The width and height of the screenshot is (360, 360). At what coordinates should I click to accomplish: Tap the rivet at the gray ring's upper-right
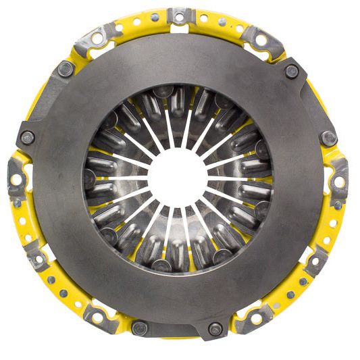[x=291, y=68]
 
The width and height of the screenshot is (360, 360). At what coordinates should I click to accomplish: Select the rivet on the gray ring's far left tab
[x=28, y=137]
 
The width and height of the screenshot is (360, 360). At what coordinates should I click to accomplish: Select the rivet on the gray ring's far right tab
[x=330, y=138]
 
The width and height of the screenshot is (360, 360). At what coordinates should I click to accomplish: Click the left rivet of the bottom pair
[x=139, y=328]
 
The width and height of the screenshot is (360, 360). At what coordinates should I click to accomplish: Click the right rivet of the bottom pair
[x=215, y=329]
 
